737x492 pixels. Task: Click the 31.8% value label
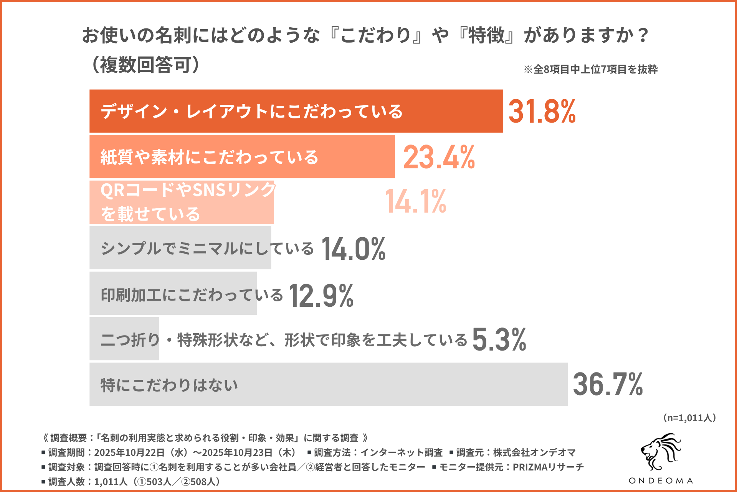[x=542, y=111]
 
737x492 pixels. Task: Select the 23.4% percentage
[x=439, y=157]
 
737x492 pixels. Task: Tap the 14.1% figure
[x=415, y=201]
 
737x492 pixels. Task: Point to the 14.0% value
[x=353, y=249]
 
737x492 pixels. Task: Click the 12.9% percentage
[x=321, y=296]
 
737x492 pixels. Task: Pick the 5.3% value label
[x=499, y=340]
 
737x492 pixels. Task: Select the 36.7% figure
[x=608, y=384]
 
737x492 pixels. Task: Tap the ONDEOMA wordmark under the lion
[x=661, y=480]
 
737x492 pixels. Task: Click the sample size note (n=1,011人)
[x=689, y=418]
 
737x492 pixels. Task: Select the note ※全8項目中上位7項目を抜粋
[x=591, y=69]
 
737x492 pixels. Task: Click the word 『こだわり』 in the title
[x=376, y=35]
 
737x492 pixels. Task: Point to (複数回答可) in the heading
[x=145, y=65]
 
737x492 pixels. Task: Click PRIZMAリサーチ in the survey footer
[x=548, y=467]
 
